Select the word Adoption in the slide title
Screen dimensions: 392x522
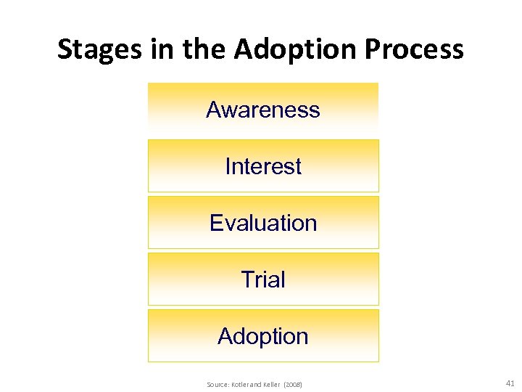pos(297,49)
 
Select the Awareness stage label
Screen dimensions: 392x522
pos(262,110)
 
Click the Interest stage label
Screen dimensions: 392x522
pos(262,166)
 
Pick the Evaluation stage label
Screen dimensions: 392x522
pos(262,223)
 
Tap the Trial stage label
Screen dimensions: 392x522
pos(262,279)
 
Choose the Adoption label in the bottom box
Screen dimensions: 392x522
pos(262,336)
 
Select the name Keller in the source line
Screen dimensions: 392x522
pos(271,384)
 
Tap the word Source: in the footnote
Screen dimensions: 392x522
pos(217,384)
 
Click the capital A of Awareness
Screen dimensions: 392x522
pos(214,110)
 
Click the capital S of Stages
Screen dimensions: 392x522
pos(65,49)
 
